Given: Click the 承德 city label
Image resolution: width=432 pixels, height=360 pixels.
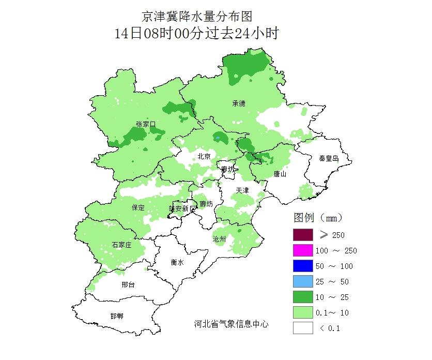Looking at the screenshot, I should (x=239, y=103).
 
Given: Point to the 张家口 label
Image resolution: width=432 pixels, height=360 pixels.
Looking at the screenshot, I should (x=146, y=124).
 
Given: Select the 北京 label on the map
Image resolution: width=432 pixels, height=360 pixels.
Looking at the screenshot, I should (x=204, y=157).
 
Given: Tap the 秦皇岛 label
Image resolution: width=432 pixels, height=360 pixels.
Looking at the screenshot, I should (x=328, y=158).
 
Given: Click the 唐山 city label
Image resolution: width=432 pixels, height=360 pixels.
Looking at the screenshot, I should (x=280, y=174).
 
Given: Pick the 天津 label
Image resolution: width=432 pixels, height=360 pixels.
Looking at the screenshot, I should (x=242, y=191).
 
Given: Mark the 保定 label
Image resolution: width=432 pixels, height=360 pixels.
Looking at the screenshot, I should (x=138, y=207).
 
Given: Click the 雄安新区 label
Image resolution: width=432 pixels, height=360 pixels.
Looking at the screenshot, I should (x=183, y=208).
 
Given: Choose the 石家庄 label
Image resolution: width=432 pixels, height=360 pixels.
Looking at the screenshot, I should (x=121, y=245).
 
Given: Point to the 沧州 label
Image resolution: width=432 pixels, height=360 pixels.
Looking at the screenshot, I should (x=220, y=239).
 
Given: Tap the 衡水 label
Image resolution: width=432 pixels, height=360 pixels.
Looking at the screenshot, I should (x=177, y=262).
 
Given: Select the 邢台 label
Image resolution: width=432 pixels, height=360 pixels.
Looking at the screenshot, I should (x=128, y=284).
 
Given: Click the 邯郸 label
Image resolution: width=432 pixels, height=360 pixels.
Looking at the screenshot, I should (x=117, y=316).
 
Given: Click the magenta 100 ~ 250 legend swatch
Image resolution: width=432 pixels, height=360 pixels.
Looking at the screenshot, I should (x=303, y=250).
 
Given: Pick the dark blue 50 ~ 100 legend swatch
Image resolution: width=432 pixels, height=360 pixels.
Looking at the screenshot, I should (x=303, y=266).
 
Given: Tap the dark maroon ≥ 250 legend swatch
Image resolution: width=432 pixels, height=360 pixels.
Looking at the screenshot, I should (x=303, y=235).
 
